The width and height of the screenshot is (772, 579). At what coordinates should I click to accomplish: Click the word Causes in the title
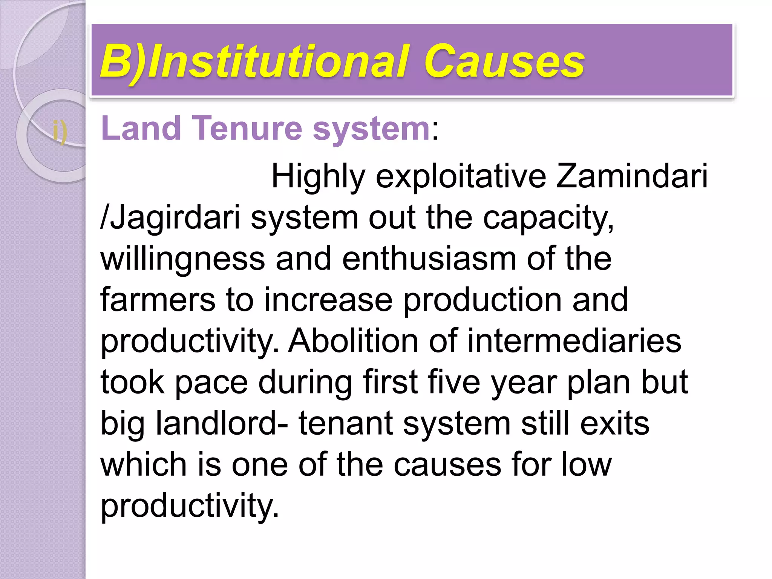504,61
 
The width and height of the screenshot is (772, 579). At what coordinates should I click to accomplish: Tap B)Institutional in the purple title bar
255,61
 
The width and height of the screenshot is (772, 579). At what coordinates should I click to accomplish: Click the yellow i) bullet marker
60,132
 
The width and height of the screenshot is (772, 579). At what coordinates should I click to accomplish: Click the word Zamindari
632,176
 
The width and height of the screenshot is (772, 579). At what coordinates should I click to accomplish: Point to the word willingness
183,259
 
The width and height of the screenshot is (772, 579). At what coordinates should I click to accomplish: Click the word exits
615,423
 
